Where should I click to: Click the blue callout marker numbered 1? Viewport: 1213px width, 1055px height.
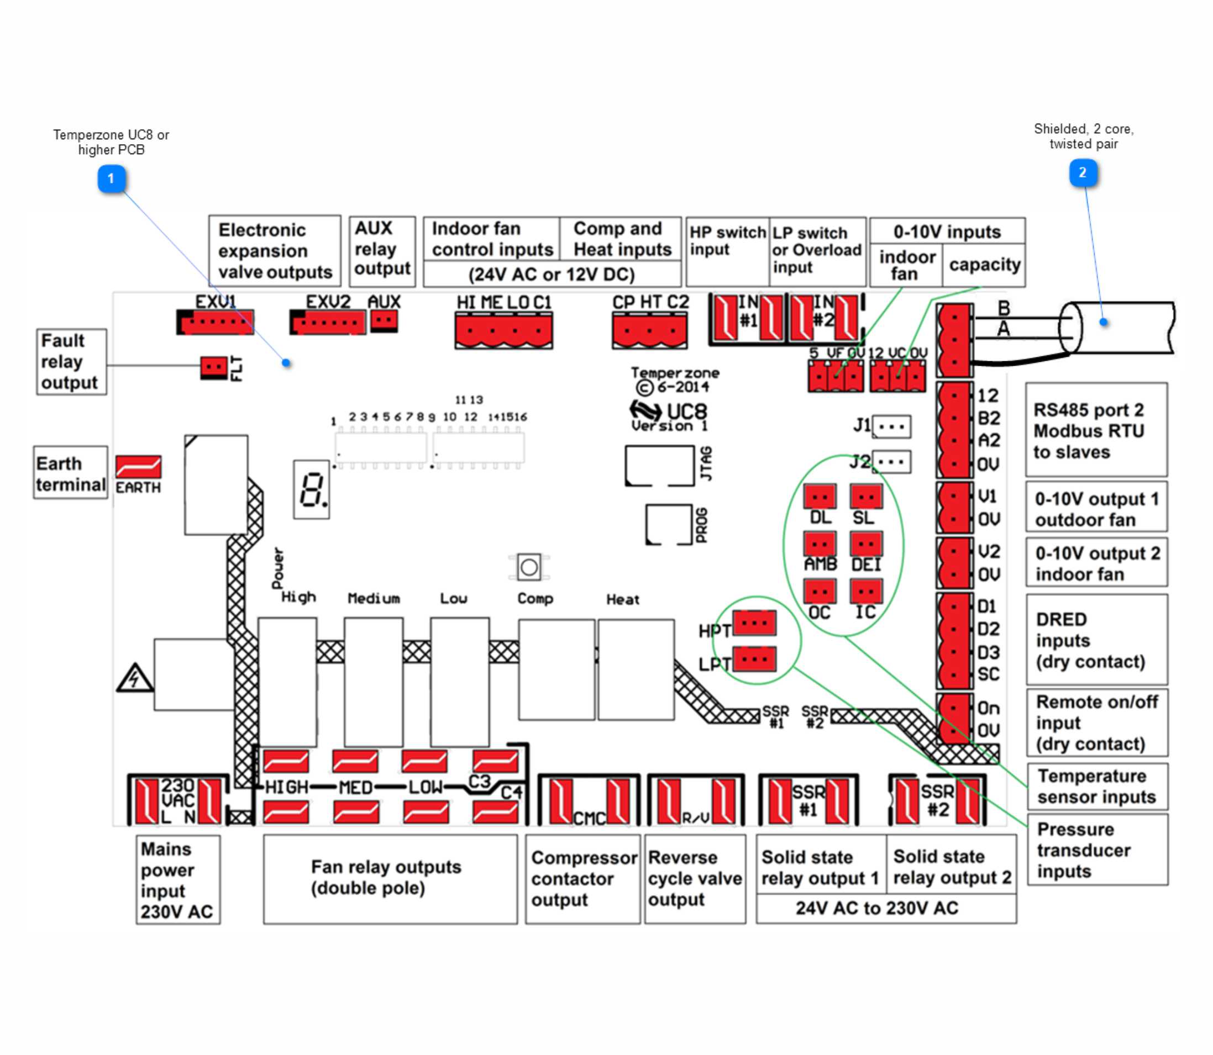111,178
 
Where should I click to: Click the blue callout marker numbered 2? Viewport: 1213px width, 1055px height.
1082,172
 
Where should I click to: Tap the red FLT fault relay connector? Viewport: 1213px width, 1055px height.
213,367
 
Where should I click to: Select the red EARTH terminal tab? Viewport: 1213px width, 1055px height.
139,467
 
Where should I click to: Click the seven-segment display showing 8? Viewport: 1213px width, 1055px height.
311,489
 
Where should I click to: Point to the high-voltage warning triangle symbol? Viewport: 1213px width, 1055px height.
134,678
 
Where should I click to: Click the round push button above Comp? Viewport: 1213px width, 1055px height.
528,567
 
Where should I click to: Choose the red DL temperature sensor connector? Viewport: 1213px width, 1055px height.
820,497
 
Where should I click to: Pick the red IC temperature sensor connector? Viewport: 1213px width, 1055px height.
865,591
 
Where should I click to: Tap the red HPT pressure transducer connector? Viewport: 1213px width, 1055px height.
754,623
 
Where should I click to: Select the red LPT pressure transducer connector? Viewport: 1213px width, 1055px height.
754,659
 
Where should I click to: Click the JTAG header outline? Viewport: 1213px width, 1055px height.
659,466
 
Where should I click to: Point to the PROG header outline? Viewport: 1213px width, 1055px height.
669,524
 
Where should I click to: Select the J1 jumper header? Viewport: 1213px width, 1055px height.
891,426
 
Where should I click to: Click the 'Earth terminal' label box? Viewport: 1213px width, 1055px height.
70,473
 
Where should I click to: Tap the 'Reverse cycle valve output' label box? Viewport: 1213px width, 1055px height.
695,878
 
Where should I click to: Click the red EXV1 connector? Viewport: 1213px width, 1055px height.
217,322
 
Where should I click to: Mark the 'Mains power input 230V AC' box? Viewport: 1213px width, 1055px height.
177,879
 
